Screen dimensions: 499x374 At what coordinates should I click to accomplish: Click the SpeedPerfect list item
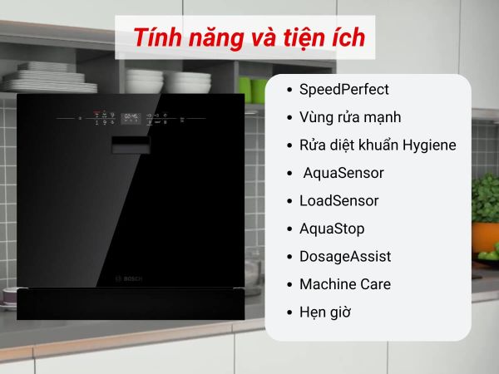344,90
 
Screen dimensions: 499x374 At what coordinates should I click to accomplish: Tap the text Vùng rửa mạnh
350,117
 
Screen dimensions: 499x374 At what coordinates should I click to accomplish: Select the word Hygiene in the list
429,145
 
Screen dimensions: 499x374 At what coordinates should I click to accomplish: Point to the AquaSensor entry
343,173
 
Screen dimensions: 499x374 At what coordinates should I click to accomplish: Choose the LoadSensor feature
339,200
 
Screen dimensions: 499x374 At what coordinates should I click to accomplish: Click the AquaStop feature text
332,229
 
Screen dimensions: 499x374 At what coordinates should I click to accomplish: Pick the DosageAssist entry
345,257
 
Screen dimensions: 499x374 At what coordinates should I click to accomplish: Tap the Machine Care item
345,284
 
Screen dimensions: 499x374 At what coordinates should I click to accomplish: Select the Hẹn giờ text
325,312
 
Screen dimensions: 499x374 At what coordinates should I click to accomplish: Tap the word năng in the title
215,39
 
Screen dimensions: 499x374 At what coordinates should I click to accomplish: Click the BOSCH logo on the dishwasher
129,279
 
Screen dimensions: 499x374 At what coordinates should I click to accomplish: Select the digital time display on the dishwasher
131,118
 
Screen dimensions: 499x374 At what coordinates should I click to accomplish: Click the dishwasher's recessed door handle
131,145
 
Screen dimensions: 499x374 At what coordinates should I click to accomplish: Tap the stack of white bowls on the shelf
168,81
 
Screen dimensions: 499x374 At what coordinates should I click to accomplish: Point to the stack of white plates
50,77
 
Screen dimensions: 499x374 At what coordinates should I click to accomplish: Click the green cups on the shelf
254,91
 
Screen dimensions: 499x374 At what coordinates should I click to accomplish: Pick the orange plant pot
486,237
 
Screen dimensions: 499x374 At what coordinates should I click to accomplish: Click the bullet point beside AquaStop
289,229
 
